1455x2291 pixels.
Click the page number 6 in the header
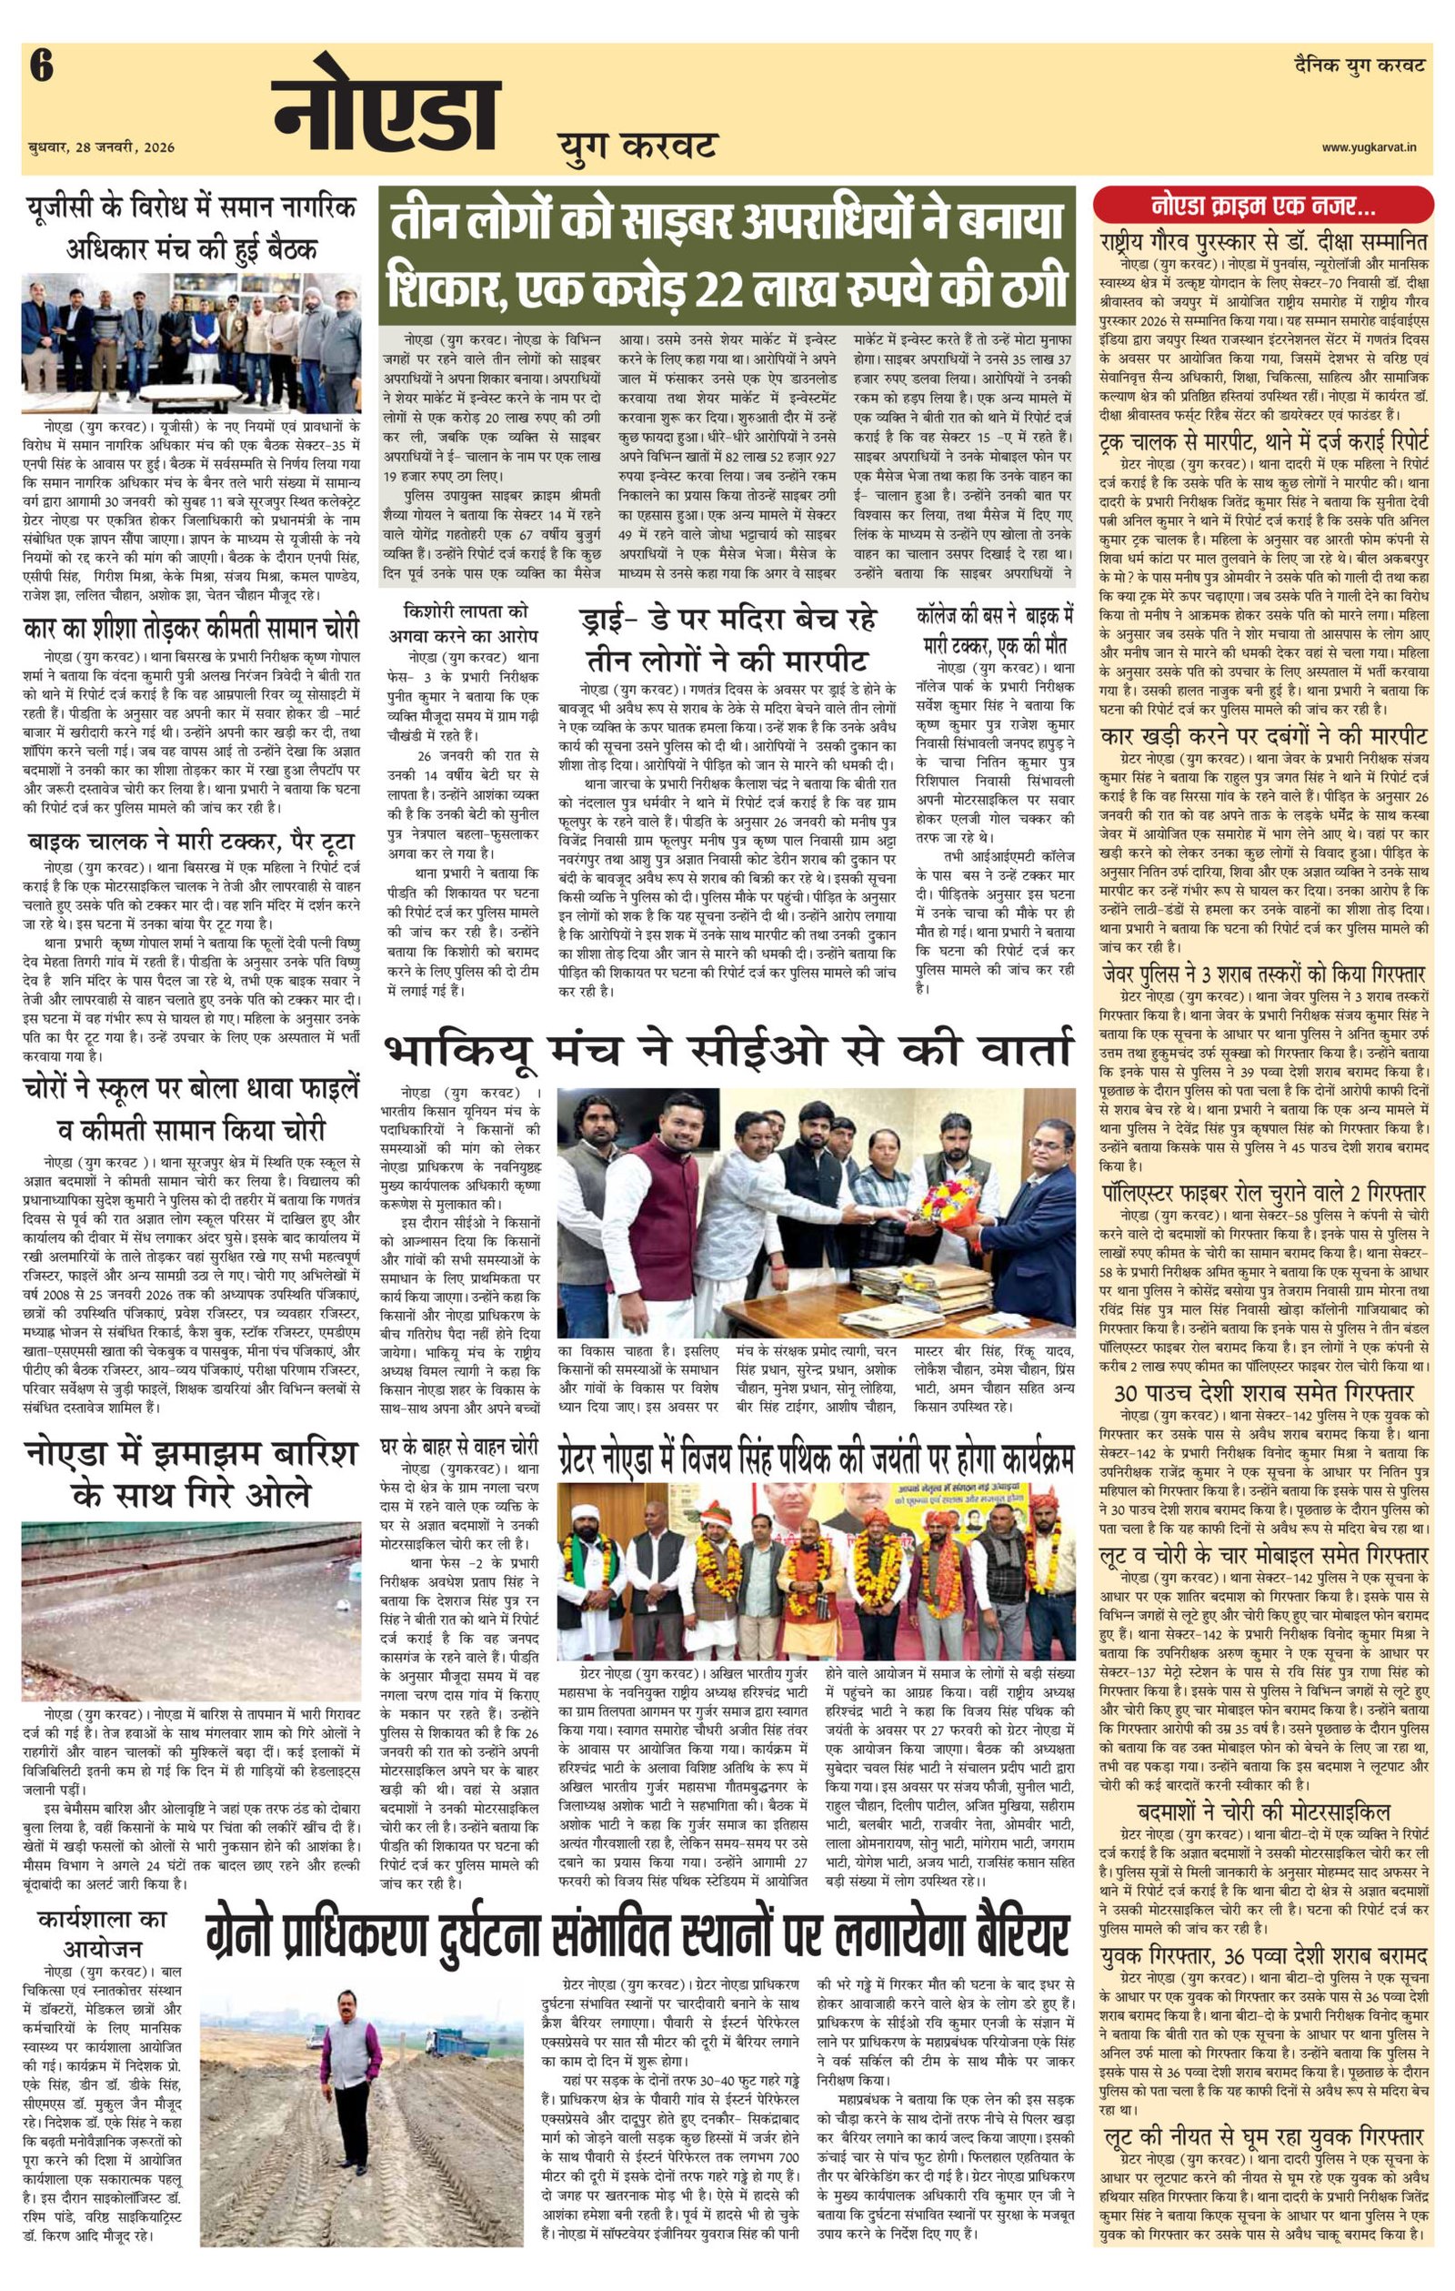pyautogui.click(x=41, y=69)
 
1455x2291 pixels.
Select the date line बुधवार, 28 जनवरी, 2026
pyautogui.click(x=101, y=148)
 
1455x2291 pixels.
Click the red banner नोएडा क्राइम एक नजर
pyautogui.click(x=1262, y=205)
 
